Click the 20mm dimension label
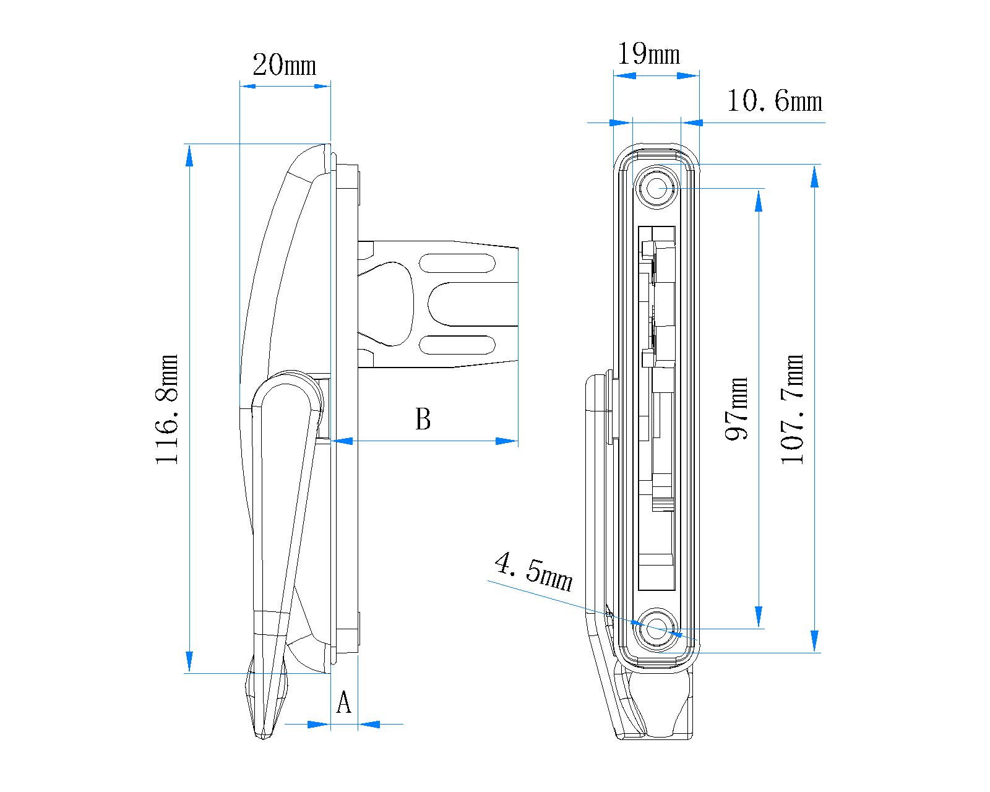point(285,64)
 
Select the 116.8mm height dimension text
point(167,409)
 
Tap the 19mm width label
point(649,54)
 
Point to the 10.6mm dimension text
point(774,101)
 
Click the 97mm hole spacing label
point(737,408)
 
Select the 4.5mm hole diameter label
point(533,572)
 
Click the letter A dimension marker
point(343,704)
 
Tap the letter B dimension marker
point(423,419)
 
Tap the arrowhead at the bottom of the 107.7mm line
point(814,640)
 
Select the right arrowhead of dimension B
point(506,441)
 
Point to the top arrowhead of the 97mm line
point(759,200)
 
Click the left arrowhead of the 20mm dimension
point(248,85)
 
